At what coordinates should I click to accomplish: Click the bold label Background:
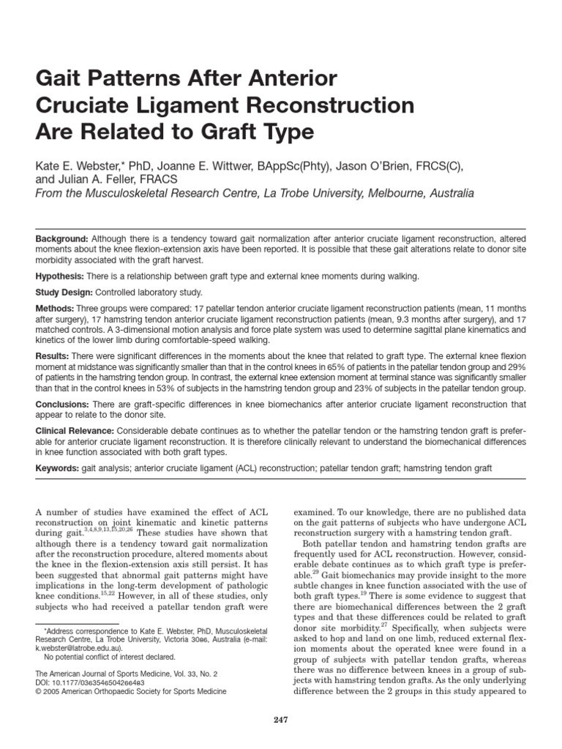pyautogui.click(x=62, y=240)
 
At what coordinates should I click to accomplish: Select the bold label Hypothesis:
pyautogui.click(x=61, y=277)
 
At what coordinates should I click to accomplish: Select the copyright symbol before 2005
pyautogui.click(x=38, y=690)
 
